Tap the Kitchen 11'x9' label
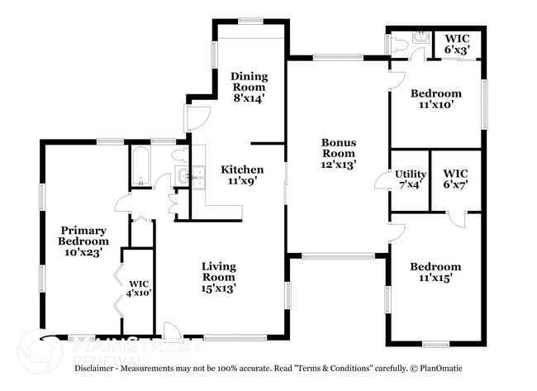click(243, 175)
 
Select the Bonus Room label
click(339, 153)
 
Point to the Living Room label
click(219, 277)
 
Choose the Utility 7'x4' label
click(410, 179)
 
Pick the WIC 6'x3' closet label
click(457, 44)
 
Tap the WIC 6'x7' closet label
click(456, 179)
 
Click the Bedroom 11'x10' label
click(435, 99)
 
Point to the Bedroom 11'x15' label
click(435, 272)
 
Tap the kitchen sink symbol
click(192, 174)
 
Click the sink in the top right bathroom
click(421, 38)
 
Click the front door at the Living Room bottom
click(173, 330)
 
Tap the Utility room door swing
click(383, 180)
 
